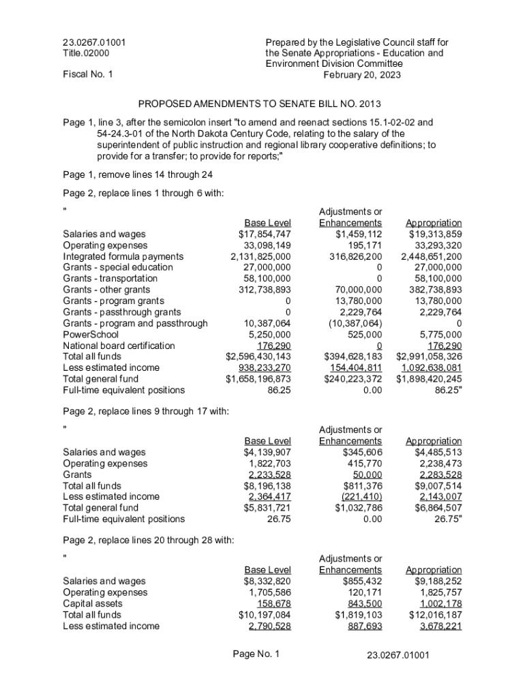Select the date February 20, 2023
362,75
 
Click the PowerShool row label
91,335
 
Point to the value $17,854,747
260,234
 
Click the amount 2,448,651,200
431,257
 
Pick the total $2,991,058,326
429,356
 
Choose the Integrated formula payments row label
123,257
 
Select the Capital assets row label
93,603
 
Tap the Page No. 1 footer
256,654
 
